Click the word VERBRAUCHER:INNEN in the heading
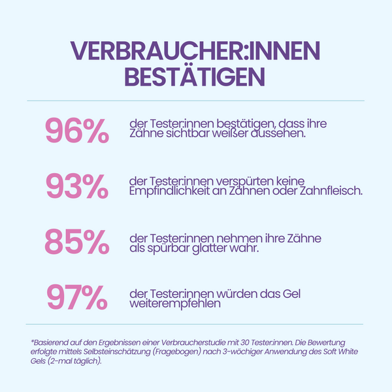click(x=196, y=50)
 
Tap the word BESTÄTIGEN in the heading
click(x=196, y=76)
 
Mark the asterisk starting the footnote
click(x=32, y=341)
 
